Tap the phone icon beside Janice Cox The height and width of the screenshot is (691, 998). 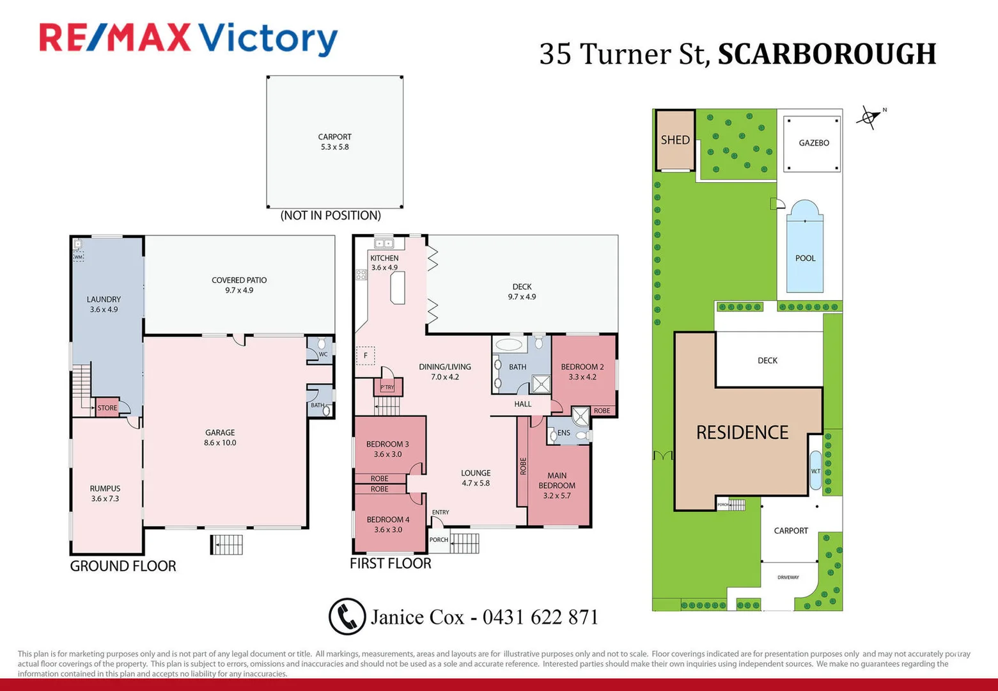pyautogui.click(x=347, y=616)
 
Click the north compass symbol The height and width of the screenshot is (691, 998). pyautogui.click(x=869, y=117)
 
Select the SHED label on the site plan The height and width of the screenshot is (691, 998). pyautogui.click(x=675, y=140)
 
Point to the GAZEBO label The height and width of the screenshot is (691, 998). pyautogui.click(x=813, y=143)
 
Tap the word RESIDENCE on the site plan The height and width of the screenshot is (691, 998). pyautogui.click(x=742, y=433)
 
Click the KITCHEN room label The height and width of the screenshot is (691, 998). pyautogui.click(x=384, y=258)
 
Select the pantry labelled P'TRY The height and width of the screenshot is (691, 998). pyautogui.click(x=387, y=387)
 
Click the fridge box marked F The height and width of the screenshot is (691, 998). pyautogui.click(x=366, y=356)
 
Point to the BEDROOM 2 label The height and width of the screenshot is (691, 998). pyautogui.click(x=582, y=367)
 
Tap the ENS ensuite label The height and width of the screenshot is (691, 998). pyautogui.click(x=563, y=433)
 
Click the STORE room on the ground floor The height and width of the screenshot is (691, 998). pyautogui.click(x=107, y=408)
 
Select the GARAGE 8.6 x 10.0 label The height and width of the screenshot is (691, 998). pyautogui.click(x=220, y=438)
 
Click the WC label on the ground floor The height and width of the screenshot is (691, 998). pyautogui.click(x=323, y=354)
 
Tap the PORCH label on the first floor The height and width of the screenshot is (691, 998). pyautogui.click(x=439, y=540)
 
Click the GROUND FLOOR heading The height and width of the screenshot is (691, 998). pyautogui.click(x=123, y=566)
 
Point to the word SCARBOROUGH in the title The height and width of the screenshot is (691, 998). pyautogui.click(x=827, y=54)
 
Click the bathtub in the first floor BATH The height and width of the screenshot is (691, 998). pyautogui.click(x=509, y=345)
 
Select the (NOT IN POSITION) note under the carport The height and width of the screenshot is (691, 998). pyautogui.click(x=331, y=216)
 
